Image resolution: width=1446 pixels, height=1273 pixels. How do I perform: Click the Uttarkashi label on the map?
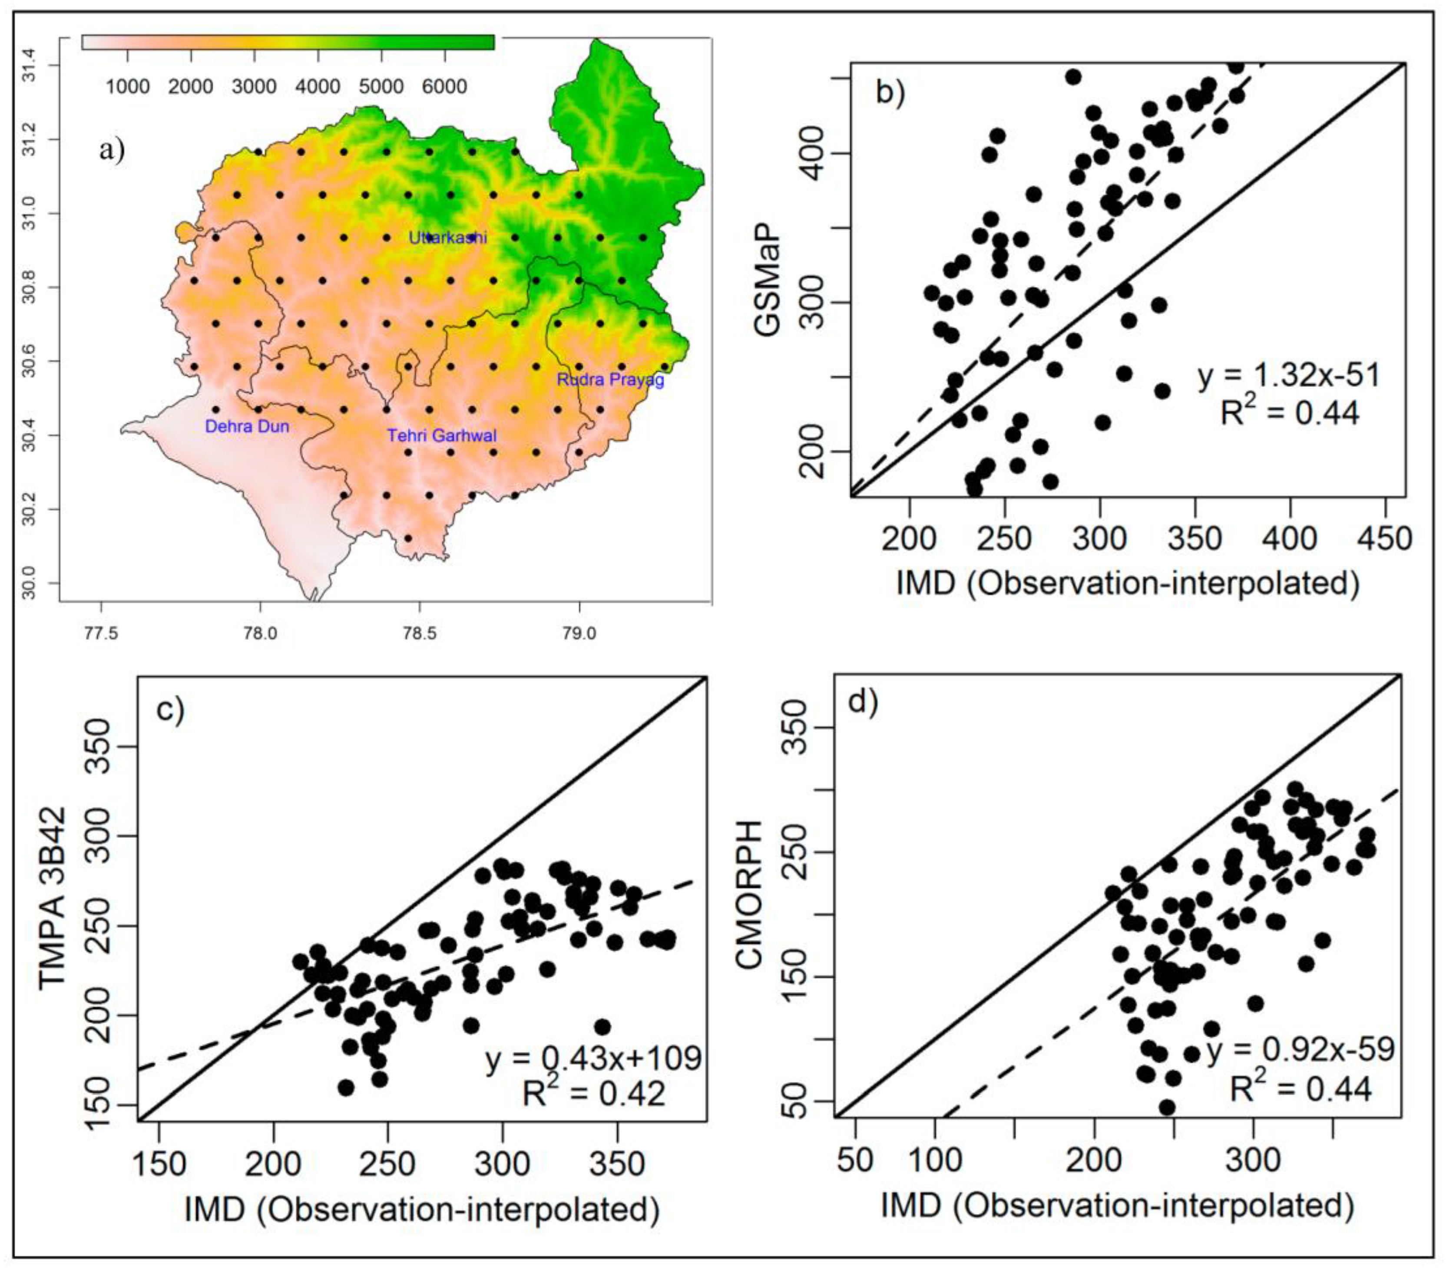(448, 237)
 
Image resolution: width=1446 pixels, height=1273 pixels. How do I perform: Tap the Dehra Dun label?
(247, 426)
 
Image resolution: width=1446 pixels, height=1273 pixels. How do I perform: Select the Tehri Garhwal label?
(441, 435)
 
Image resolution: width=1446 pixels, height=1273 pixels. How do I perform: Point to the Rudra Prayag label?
(611, 380)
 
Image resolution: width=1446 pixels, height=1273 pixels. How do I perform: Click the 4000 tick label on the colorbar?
(318, 86)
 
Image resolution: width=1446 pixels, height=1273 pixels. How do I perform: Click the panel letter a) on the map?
(112, 150)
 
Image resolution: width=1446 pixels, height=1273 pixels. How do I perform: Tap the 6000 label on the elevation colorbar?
(444, 86)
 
